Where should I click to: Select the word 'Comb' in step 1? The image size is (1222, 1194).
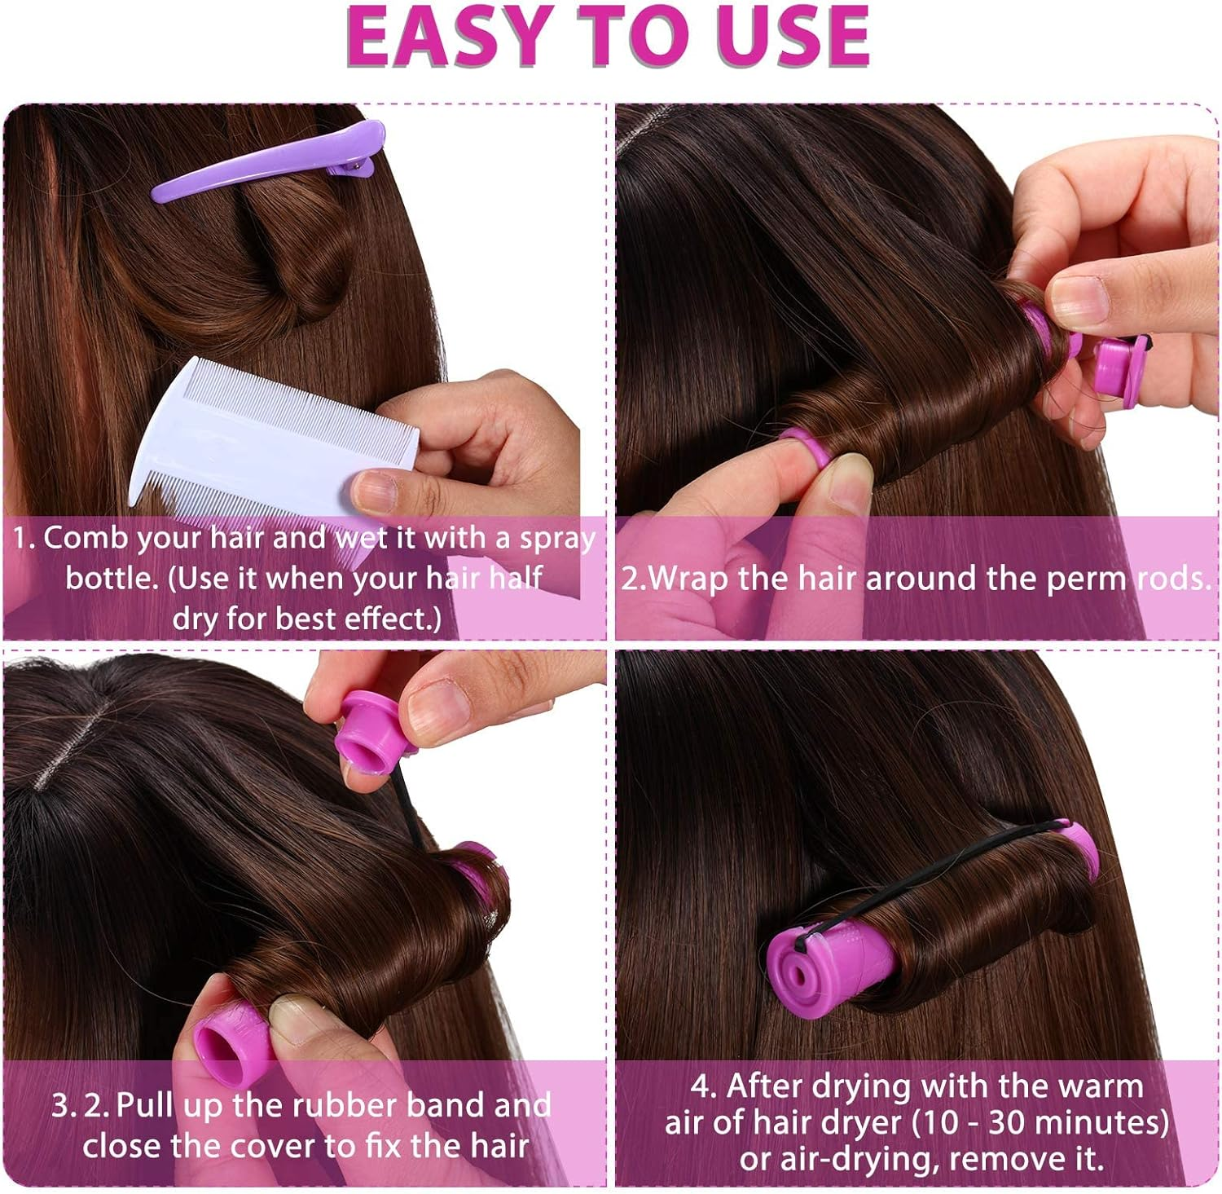[x=80, y=539]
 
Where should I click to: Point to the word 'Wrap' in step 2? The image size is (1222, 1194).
[x=689, y=579]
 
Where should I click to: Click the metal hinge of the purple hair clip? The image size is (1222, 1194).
[x=354, y=169]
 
